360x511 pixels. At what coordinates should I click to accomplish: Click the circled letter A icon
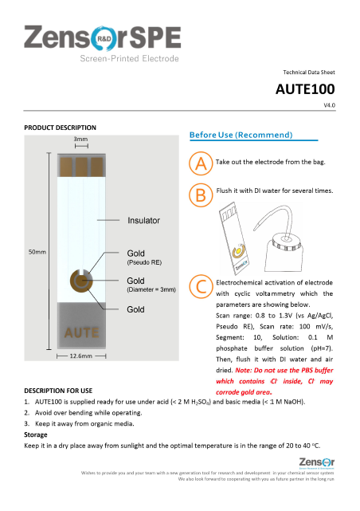coord(201,163)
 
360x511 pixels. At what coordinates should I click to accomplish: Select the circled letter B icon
coord(201,194)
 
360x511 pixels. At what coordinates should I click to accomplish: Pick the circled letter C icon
coord(201,286)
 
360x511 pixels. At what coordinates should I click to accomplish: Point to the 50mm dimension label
coord(37,252)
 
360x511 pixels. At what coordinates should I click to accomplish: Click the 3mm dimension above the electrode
coord(80,140)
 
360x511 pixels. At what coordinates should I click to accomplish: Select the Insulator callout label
coord(143,220)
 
